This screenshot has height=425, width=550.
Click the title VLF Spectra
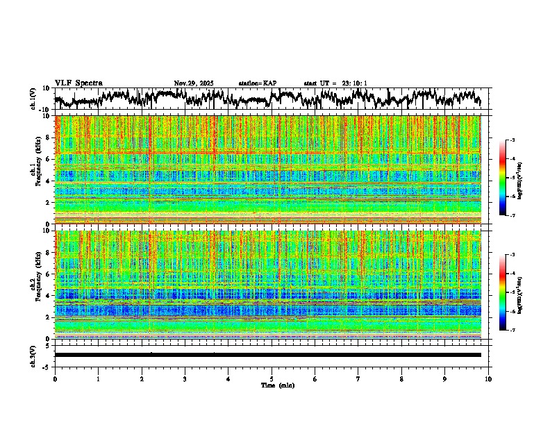[78, 83]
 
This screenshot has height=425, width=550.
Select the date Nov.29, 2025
[194, 83]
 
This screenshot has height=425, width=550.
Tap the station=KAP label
[257, 83]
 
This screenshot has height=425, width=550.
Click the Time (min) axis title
[277, 385]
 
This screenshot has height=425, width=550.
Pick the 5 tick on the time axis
[272, 378]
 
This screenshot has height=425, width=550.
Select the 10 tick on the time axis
[489, 378]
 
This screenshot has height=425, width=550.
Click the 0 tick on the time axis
[55, 378]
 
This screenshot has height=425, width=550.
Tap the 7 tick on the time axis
[358, 378]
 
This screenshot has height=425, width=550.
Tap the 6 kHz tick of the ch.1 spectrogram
[49, 159]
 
